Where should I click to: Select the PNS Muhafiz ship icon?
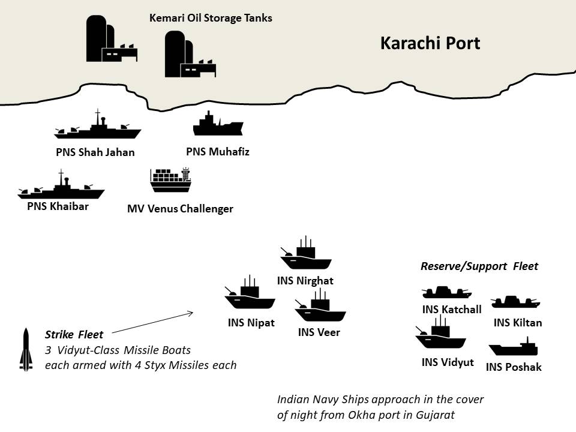[218, 125]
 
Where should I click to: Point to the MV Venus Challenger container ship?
[170, 181]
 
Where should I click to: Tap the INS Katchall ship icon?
[446, 292]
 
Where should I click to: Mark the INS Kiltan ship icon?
[515, 302]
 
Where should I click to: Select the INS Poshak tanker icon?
[514, 347]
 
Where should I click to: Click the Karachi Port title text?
[430, 44]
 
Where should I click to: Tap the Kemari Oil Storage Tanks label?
[211, 18]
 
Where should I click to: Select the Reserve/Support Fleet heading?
[479, 266]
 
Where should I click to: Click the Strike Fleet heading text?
[74, 334]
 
